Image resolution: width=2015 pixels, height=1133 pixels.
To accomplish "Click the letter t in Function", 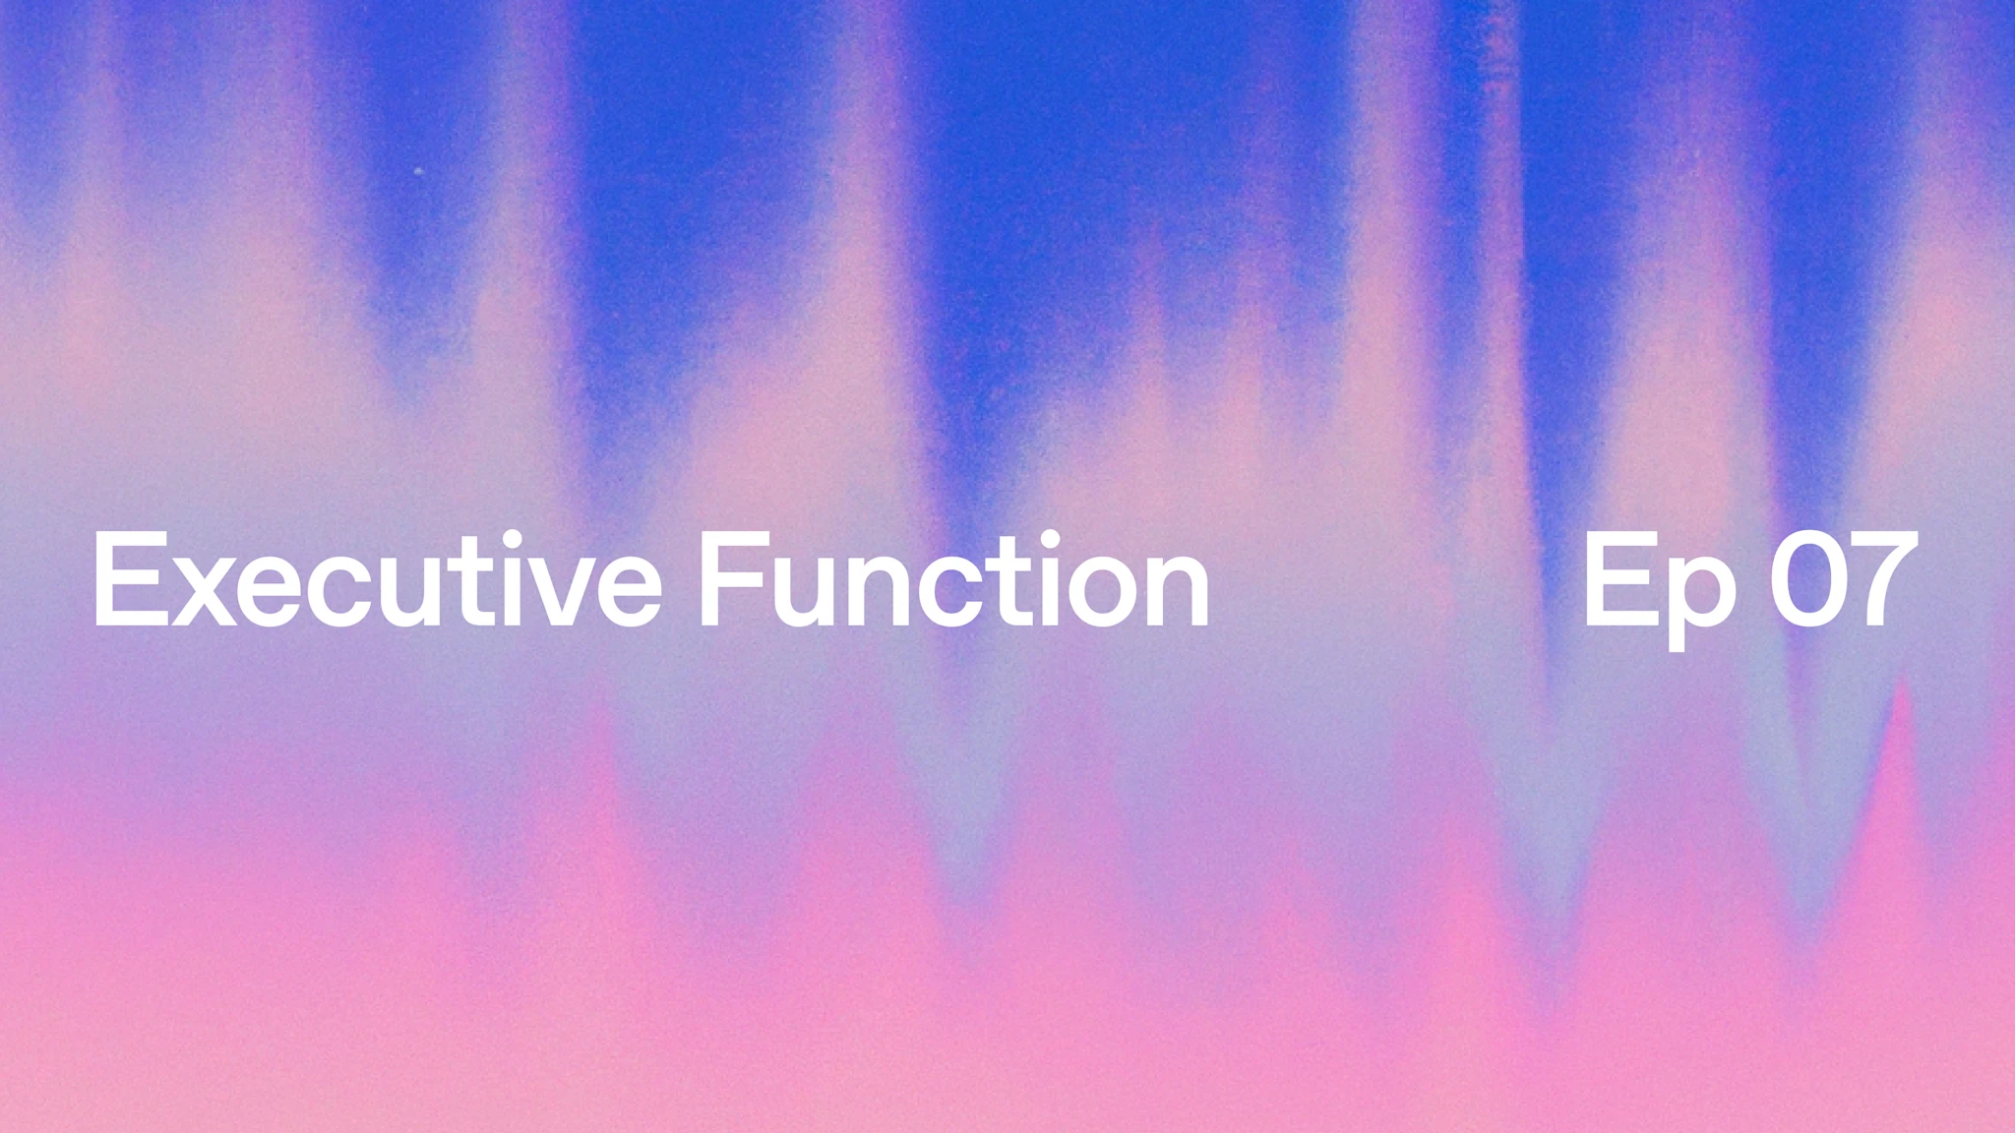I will (1014, 585).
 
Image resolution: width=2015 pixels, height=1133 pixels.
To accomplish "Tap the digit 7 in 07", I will (1883, 580).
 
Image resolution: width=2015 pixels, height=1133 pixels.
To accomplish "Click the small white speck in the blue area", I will (419, 171).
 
